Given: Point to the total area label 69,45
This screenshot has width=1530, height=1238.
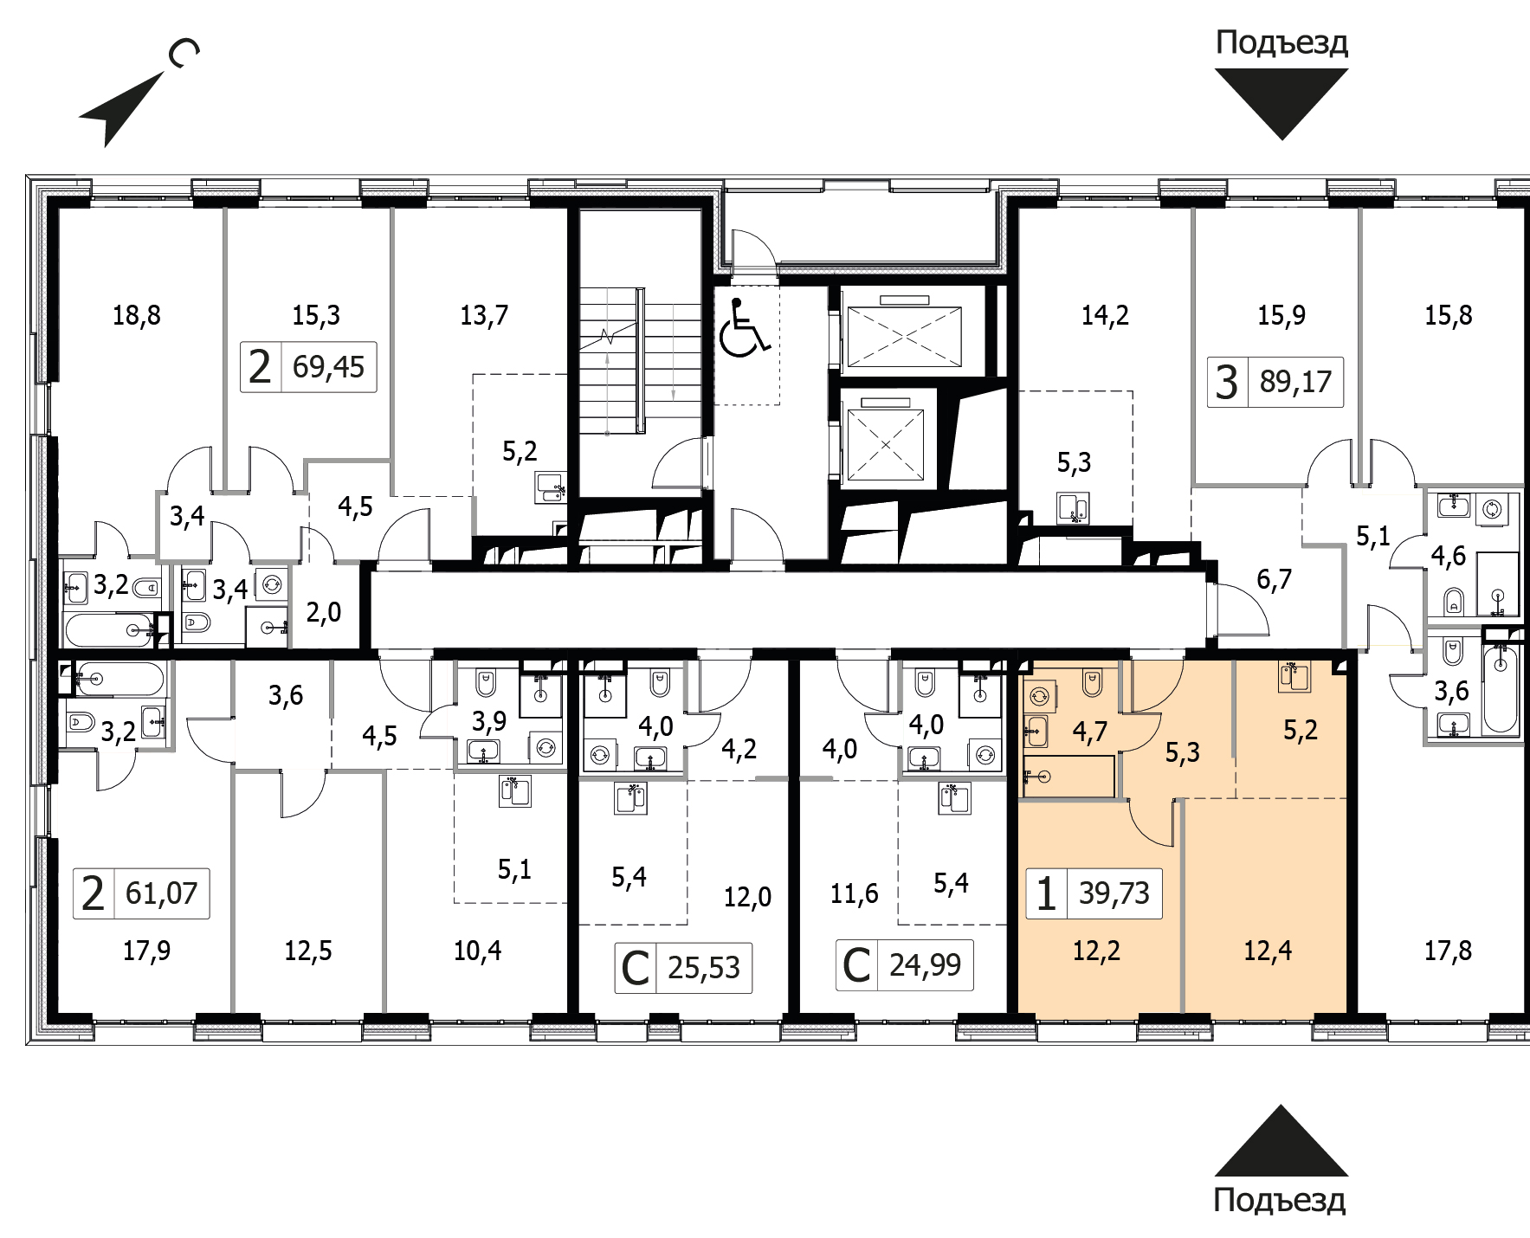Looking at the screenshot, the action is point(329,367).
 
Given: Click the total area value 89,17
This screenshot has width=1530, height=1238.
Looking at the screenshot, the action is point(1295,381).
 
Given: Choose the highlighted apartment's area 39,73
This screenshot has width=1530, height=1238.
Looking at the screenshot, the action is point(1114,893).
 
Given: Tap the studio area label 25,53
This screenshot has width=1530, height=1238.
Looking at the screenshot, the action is point(704,967).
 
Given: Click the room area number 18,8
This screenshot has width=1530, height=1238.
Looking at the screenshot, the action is point(137,315).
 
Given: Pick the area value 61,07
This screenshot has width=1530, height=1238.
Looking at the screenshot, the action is point(161,893).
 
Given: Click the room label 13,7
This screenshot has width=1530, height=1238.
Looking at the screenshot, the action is point(484,315).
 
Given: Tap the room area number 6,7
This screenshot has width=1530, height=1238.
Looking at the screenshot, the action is point(1274,579).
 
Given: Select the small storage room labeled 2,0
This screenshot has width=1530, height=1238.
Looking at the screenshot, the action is point(324,613).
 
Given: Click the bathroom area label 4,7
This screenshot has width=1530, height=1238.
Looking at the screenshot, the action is point(1089,732).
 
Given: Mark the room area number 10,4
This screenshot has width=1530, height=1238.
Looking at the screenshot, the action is point(477,951).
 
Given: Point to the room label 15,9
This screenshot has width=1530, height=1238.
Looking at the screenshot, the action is point(1281,315).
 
